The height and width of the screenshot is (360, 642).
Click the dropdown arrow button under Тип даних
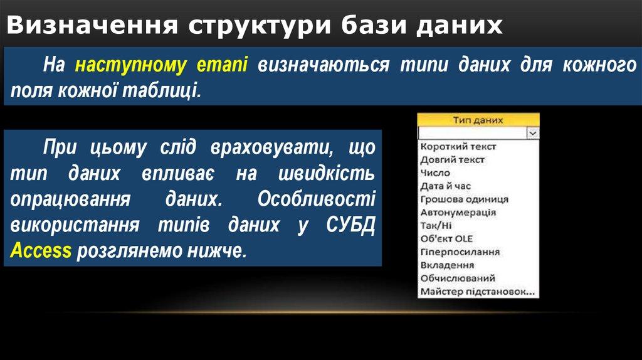tap(533, 133)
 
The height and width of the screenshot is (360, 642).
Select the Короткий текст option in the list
tap(458, 146)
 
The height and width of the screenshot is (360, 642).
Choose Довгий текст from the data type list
tap(453, 159)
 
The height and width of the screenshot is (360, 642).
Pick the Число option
tap(435, 172)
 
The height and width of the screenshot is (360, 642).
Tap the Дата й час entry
tap(446, 186)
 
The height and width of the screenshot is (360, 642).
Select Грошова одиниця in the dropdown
tap(465, 199)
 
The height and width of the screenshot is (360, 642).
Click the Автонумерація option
tap(458, 212)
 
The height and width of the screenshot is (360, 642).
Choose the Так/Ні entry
tap(436, 225)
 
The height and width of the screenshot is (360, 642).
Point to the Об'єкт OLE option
tap(446, 238)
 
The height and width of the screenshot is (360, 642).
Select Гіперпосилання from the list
tap(460, 251)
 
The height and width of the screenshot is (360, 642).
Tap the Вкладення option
tap(447, 265)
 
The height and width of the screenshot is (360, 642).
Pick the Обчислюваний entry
tap(458, 278)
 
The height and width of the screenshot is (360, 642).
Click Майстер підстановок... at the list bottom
tap(478, 292)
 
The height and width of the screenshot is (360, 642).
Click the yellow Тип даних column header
tap(478, 120)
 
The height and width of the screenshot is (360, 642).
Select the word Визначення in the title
tap(93, 25)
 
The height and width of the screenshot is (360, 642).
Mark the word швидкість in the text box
tap(326, 174)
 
